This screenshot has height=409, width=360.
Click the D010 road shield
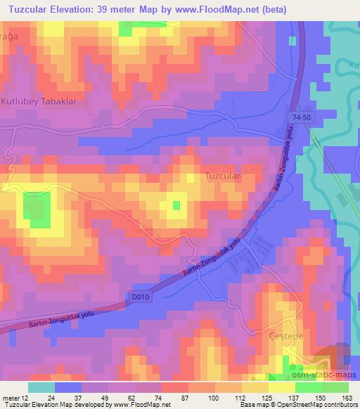click(x=141, y=298)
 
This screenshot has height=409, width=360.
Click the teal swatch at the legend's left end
click(x=41, y=387)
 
